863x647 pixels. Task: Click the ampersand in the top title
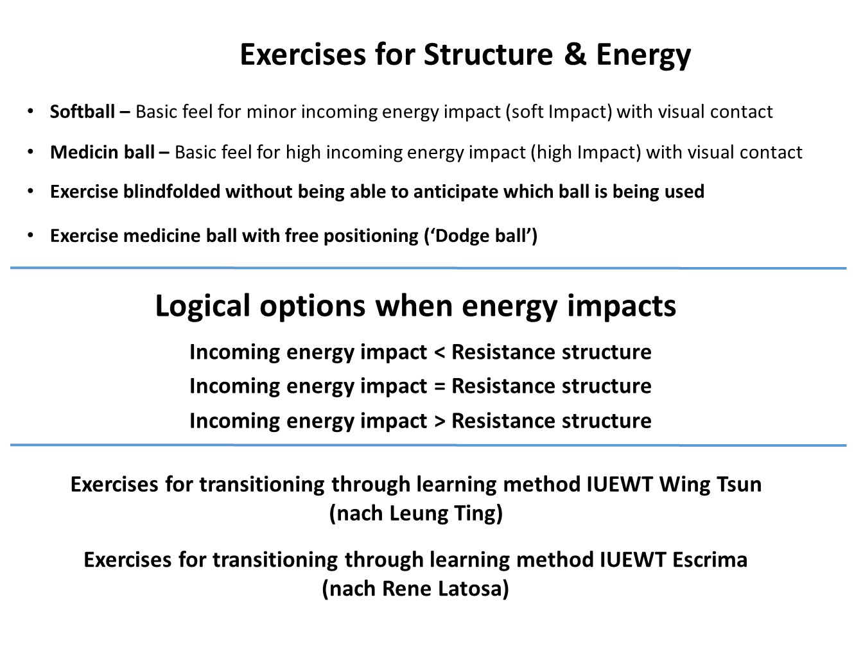[575, 54]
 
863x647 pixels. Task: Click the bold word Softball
[82, 112]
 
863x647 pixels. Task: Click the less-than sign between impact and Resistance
[440, 352]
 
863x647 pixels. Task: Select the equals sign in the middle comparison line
[440, 386]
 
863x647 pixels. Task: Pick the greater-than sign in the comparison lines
[440, 421]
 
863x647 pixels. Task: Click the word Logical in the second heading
[203, 306]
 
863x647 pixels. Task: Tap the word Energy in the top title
[643, 55]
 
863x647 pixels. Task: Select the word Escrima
[710, 560]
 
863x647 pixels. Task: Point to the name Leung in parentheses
[418, 513]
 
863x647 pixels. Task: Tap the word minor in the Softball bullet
[271, 112]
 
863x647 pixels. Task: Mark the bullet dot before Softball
[30, 112]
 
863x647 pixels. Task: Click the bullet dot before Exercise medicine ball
[30, 236]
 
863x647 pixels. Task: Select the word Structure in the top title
[488, 54]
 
